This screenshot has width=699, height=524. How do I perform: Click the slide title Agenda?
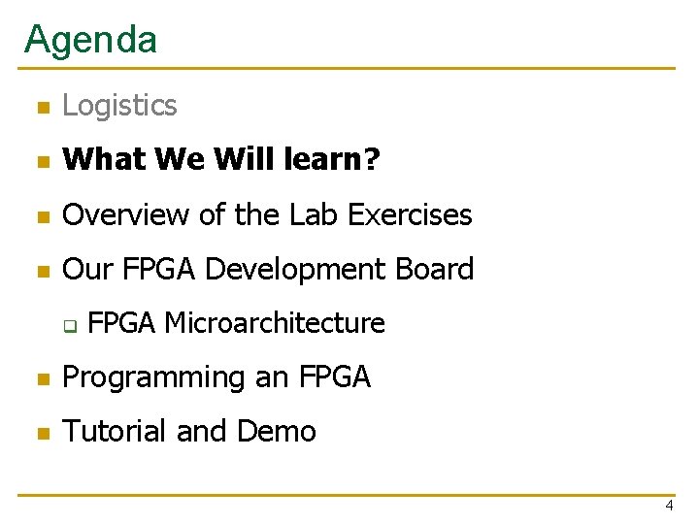90,39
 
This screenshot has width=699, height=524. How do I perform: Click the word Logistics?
119,105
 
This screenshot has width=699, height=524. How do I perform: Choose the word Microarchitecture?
275,323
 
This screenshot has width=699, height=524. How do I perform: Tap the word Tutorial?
114,431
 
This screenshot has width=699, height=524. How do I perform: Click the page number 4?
669,506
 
